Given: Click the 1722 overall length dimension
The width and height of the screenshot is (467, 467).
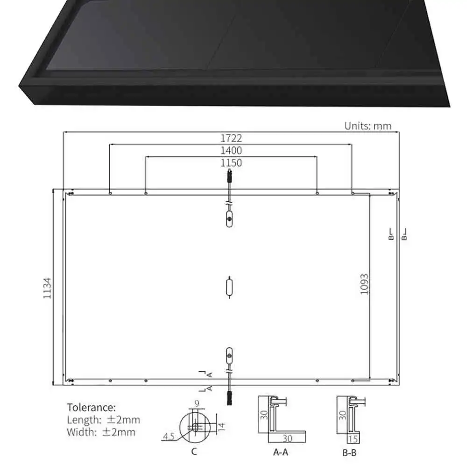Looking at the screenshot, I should pos(231,138).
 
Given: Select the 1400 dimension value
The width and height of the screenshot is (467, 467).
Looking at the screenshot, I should pos(231,150).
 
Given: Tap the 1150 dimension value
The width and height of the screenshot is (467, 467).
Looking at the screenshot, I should pos(231,163).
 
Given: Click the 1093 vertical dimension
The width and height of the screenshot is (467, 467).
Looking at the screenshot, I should pos(365,283).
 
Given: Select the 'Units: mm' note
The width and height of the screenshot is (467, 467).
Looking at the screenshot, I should pos(368,126).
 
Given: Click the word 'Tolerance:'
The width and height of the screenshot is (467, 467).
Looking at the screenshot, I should pos(92,408).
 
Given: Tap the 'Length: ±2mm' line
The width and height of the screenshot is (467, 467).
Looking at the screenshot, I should pos(103,420).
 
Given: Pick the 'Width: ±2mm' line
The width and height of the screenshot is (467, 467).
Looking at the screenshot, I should pos(101,432).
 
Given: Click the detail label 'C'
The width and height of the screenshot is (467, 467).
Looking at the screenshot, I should pos(194,451).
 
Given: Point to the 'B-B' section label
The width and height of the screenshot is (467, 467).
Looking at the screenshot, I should pos(350,452).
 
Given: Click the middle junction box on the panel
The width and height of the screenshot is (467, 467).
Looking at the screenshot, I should pos(229,287).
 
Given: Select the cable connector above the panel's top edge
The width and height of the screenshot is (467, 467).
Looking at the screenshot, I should pos(229,177).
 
